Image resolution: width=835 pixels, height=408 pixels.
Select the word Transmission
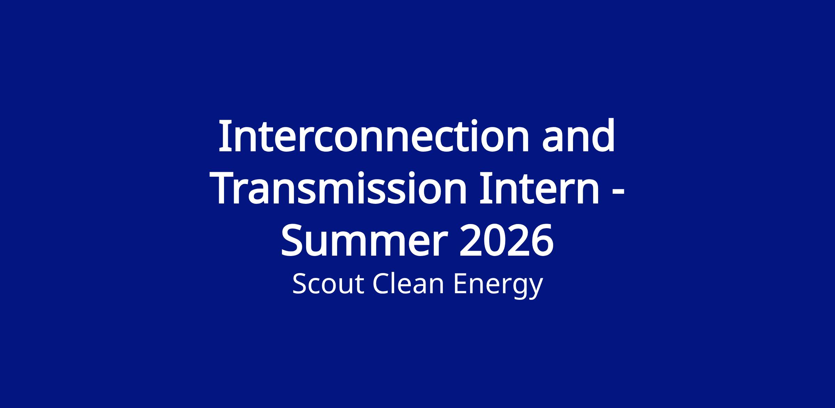(340, 188)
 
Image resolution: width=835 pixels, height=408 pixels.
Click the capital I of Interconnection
(225, 136)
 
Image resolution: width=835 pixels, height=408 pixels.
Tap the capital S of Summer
(292, 240)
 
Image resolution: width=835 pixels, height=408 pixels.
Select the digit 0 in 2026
(495, 240)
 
